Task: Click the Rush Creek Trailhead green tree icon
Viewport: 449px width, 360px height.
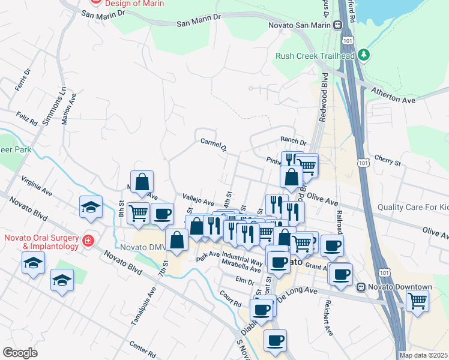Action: (363, 55)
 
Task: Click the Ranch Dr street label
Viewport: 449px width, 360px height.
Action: (293, 142)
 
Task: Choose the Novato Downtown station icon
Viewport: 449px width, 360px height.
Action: (361, 287)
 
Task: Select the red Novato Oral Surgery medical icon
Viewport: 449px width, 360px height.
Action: (88, 241)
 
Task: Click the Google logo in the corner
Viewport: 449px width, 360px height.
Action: (20, 353)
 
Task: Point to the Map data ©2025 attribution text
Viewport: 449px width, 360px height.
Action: (423, 355)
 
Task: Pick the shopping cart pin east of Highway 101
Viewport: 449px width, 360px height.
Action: (417, 300)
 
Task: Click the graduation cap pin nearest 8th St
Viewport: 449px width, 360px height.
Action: (91, 207)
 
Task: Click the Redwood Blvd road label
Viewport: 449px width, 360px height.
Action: (324, 99)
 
